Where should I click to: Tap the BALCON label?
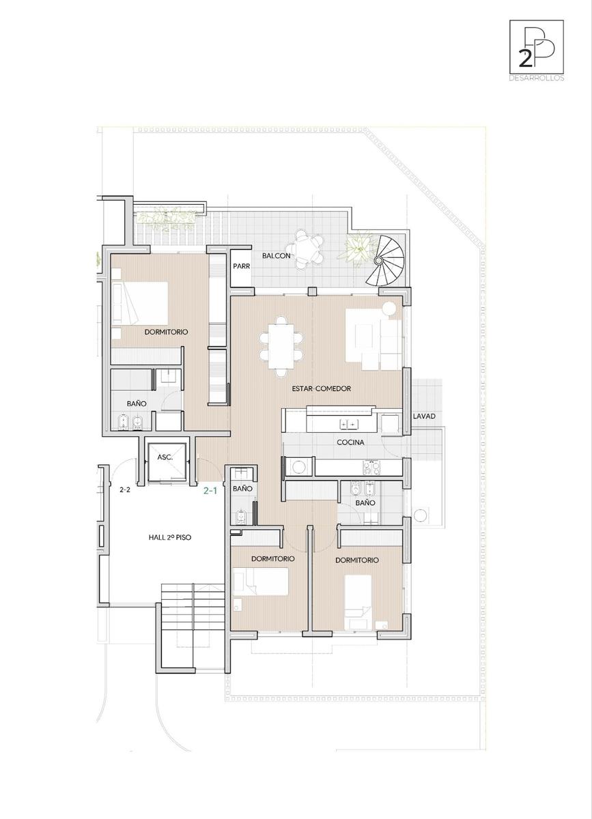[x=277, y=256]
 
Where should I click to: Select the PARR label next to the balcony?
[x=242, y=266]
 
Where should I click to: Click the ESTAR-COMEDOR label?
[x=321, y=388]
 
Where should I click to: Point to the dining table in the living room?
[x=281, y=346]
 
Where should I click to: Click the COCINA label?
[x=350, y=443]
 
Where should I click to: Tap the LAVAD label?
[x=424, y=416]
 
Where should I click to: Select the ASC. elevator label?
[x=165, y=457]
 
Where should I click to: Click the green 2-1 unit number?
[x=210, y=491]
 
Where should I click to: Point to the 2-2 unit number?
[x=125, y=489]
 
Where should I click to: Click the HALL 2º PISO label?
[x=170, y=538]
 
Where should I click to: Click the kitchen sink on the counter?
[x=349, y=424]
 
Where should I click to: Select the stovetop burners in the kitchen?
[x=371, y=468]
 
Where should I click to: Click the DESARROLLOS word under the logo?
[x=537, y=78]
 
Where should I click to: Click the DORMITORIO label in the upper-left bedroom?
[x=166, y=332]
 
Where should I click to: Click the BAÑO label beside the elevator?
[x=242, y=489]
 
